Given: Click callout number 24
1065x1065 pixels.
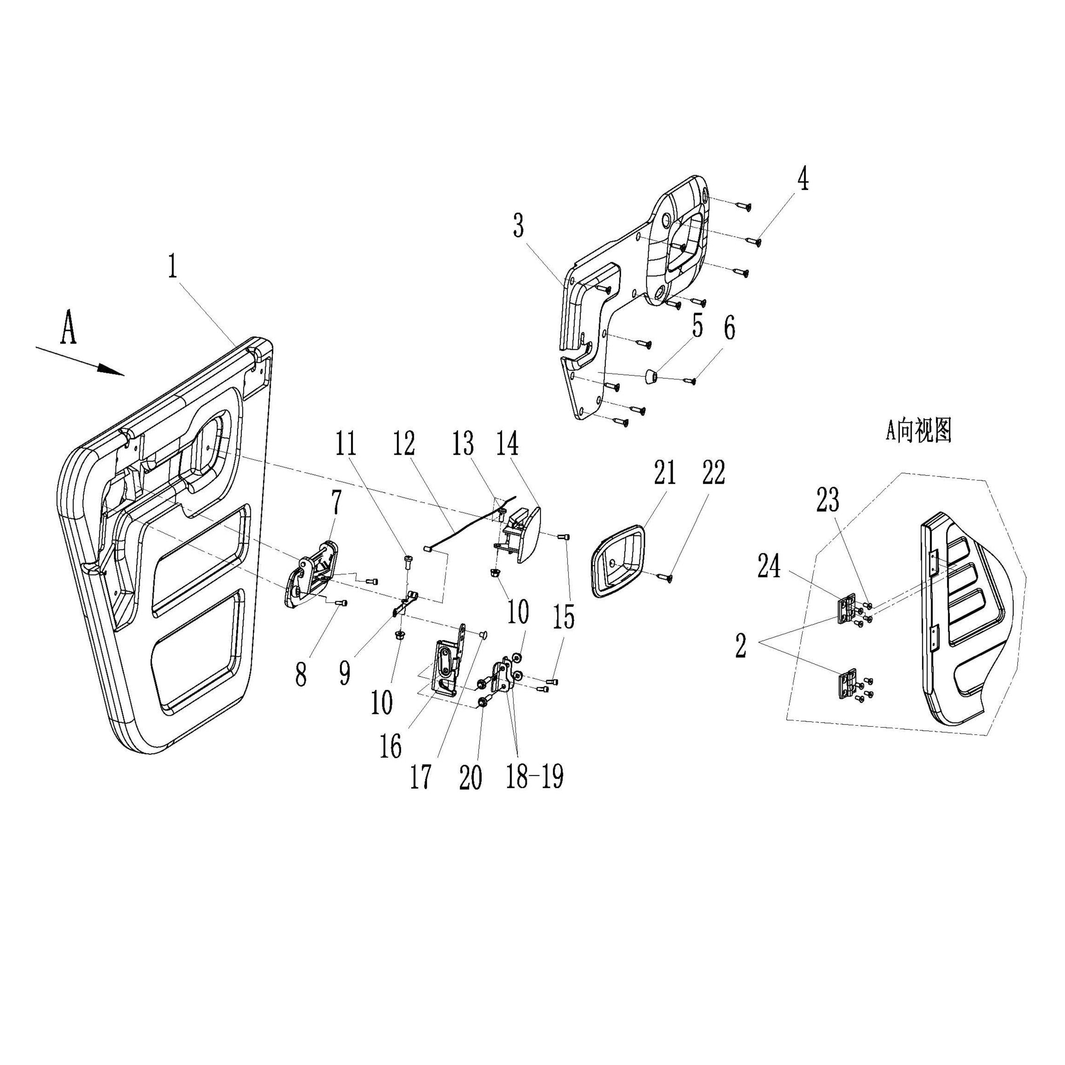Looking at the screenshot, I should click(769, 566).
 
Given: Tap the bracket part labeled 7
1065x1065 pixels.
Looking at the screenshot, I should click(312, 576).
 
